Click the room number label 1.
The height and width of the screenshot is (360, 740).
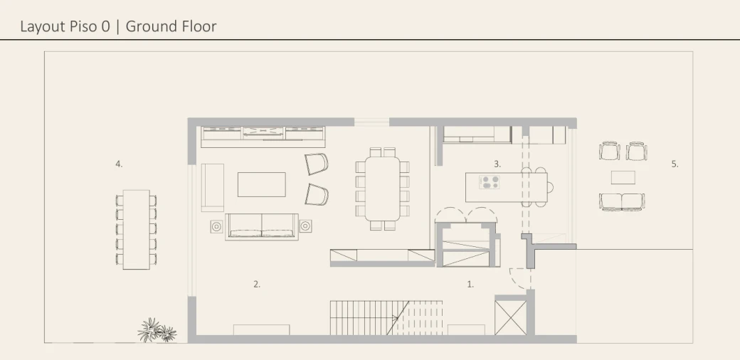click(x=470, y=284)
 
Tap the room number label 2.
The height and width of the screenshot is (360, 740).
click(x=257, y=284)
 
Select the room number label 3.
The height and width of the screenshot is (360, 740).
click(x=497, y=164)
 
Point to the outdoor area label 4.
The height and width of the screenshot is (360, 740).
click(x=119, y=164)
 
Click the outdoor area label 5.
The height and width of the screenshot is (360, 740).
click(x=675, y=164)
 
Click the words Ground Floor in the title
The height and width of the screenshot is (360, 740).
click(x=171, y=26)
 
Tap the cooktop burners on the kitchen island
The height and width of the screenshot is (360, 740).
click(x=490, y=182)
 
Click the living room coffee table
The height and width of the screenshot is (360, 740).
click(x=261, y=184)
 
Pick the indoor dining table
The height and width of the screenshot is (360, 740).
click(x=382, y=189)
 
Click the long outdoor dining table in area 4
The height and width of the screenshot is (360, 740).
click(x=137, y=230)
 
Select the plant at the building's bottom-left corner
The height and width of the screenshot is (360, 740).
click(x=157, y=330)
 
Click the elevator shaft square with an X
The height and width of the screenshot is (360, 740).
click(x=510, y=317)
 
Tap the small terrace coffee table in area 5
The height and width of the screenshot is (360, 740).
click(x=623, y=177)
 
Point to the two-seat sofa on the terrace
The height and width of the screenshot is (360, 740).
click(x=622, y=201)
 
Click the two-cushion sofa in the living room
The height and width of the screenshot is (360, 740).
click(x=261, y=226)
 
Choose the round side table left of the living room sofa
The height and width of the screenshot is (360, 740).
click(x=216, y=226)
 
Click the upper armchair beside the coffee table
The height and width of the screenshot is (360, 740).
click(x=316, y=164)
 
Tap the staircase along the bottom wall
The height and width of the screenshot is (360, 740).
click(x=386, y=317)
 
